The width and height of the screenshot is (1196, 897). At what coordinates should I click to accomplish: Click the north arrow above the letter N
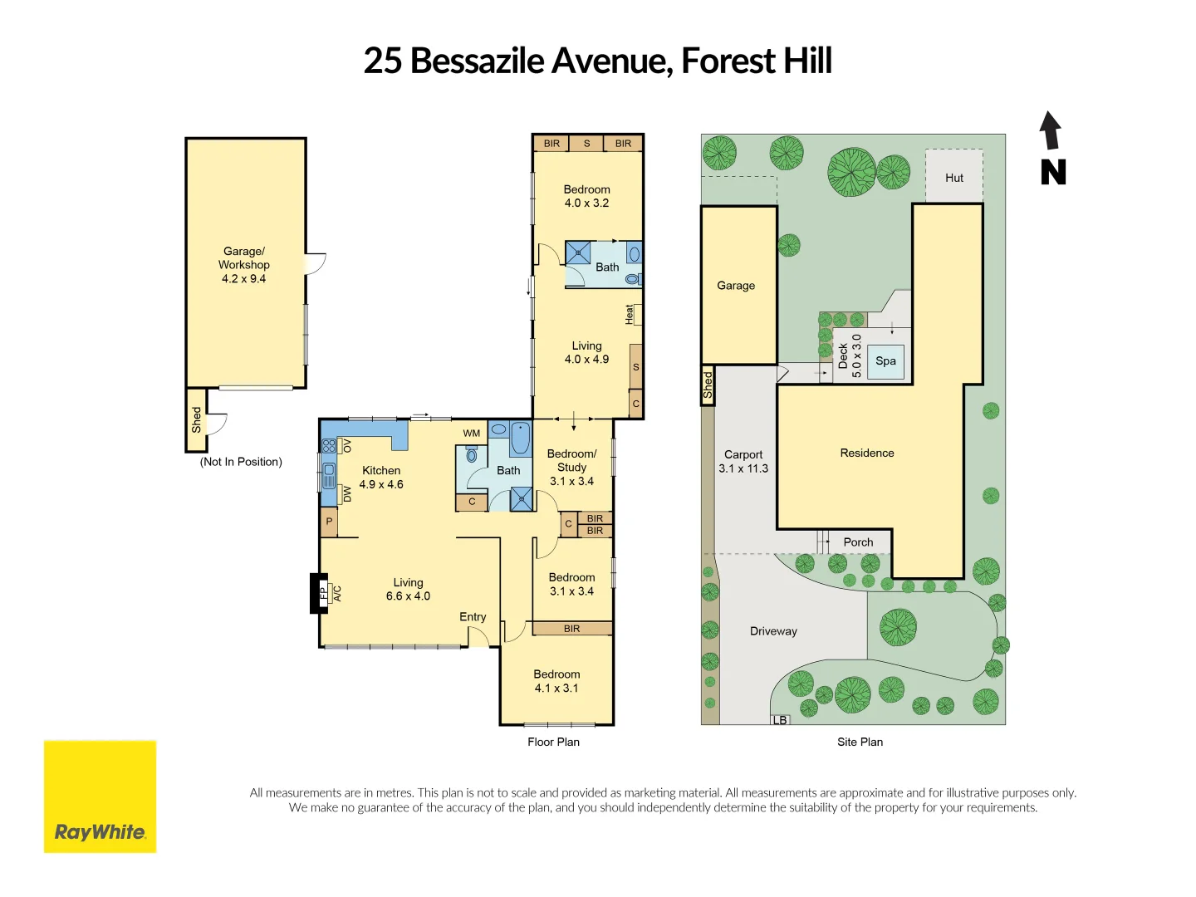[1051, 131]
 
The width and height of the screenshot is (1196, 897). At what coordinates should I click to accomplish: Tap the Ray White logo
[100, 797]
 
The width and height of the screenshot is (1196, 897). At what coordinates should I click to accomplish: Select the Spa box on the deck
[885, 361]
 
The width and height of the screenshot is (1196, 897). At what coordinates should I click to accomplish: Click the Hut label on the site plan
[954, 178]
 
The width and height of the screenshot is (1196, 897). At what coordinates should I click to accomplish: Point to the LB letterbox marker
[780, 720]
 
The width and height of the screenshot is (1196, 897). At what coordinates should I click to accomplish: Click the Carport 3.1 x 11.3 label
[743, 462]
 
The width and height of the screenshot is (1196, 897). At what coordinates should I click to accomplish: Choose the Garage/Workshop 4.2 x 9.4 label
[244, 265]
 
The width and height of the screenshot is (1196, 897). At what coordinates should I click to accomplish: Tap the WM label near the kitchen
[472, 433]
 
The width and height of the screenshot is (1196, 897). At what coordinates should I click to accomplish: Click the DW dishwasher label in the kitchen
[347, 494]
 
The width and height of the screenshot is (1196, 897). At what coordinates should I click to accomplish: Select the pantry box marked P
[330, 522]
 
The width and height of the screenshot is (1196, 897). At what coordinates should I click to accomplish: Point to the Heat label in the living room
[630, 314]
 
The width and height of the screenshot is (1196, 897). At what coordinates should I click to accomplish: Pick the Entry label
[473, 617]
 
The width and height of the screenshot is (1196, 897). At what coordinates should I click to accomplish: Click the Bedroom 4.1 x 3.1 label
[556, 681]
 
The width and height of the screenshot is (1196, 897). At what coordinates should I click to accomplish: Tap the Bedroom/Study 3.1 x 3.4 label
[571, 468]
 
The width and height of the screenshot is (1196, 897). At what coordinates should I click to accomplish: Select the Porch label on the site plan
[858, 542]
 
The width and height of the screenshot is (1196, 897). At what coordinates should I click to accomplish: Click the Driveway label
[773, 631]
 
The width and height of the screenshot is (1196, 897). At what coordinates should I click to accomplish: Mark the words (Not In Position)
[241, 462]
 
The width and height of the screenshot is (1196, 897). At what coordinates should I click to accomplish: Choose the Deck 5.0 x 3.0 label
[850, 356]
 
